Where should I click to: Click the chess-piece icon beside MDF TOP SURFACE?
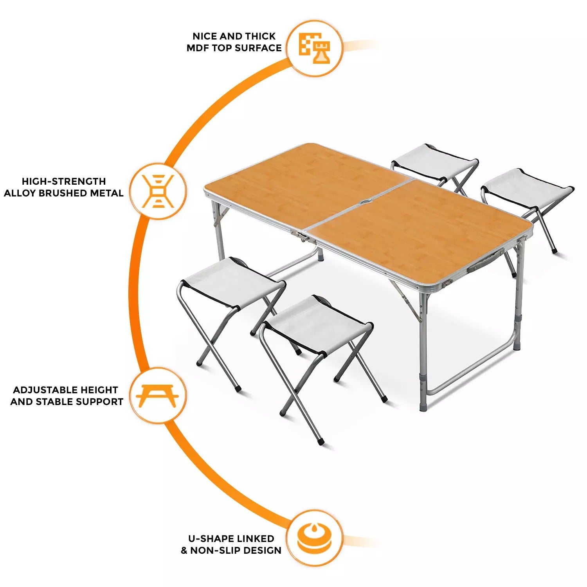315,48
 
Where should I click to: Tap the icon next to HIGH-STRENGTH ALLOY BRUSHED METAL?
158,191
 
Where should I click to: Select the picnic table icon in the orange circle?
158,396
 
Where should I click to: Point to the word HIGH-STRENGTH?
64,182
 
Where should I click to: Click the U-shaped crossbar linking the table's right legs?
470,372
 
